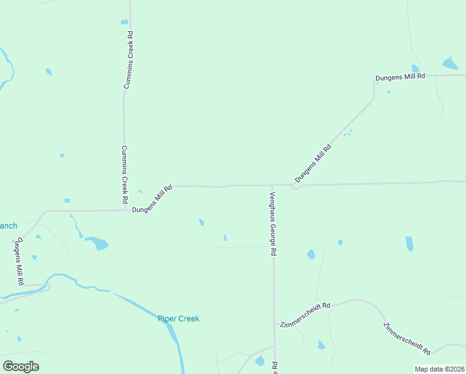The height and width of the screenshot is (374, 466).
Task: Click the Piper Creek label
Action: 178,319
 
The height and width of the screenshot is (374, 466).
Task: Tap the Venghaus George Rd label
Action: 273,223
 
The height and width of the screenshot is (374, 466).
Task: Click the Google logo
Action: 21,367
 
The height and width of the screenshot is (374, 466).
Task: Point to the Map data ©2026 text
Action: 439,369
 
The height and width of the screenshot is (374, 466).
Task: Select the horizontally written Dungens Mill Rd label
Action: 399,76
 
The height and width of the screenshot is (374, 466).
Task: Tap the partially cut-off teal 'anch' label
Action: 8,226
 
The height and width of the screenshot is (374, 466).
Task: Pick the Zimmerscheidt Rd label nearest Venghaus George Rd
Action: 305,316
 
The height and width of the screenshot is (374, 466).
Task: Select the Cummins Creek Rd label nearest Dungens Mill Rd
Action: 125,177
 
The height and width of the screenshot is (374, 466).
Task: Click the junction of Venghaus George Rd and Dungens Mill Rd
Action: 272,185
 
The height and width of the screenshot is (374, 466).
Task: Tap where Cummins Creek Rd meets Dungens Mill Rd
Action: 123,210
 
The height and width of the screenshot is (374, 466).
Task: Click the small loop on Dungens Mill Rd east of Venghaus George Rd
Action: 295,186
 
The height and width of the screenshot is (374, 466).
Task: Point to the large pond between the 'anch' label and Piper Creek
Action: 97,242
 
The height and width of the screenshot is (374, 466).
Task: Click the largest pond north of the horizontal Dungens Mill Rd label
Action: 450,63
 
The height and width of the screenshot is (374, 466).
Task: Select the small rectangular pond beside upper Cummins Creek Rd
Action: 124,22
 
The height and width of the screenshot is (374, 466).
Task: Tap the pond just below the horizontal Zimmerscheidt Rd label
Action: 321,345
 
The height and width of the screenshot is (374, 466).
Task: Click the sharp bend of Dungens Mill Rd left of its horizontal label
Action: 374,98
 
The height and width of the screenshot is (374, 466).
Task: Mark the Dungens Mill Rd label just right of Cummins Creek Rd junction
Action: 152,199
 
